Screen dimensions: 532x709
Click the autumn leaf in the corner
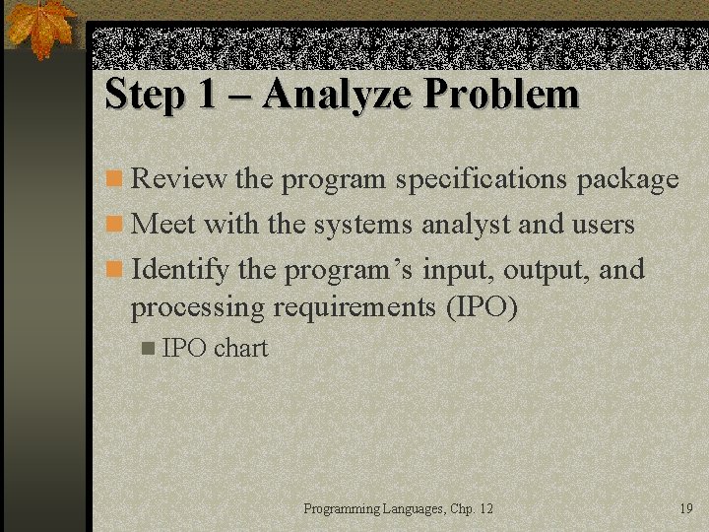coord(42,29)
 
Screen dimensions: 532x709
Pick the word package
coord(627,179)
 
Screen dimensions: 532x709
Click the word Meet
coord(163,225)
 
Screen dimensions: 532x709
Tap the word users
coord(603,225)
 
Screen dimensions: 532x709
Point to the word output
coord(545,269)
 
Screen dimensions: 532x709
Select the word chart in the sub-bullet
coord(240,348)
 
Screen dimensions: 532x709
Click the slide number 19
coord(686,508)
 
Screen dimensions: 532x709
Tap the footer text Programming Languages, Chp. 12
coord(398,508)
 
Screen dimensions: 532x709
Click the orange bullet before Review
coord(115,180)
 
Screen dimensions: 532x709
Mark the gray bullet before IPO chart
coord(148,349)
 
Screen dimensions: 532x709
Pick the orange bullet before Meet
coord(115,226)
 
